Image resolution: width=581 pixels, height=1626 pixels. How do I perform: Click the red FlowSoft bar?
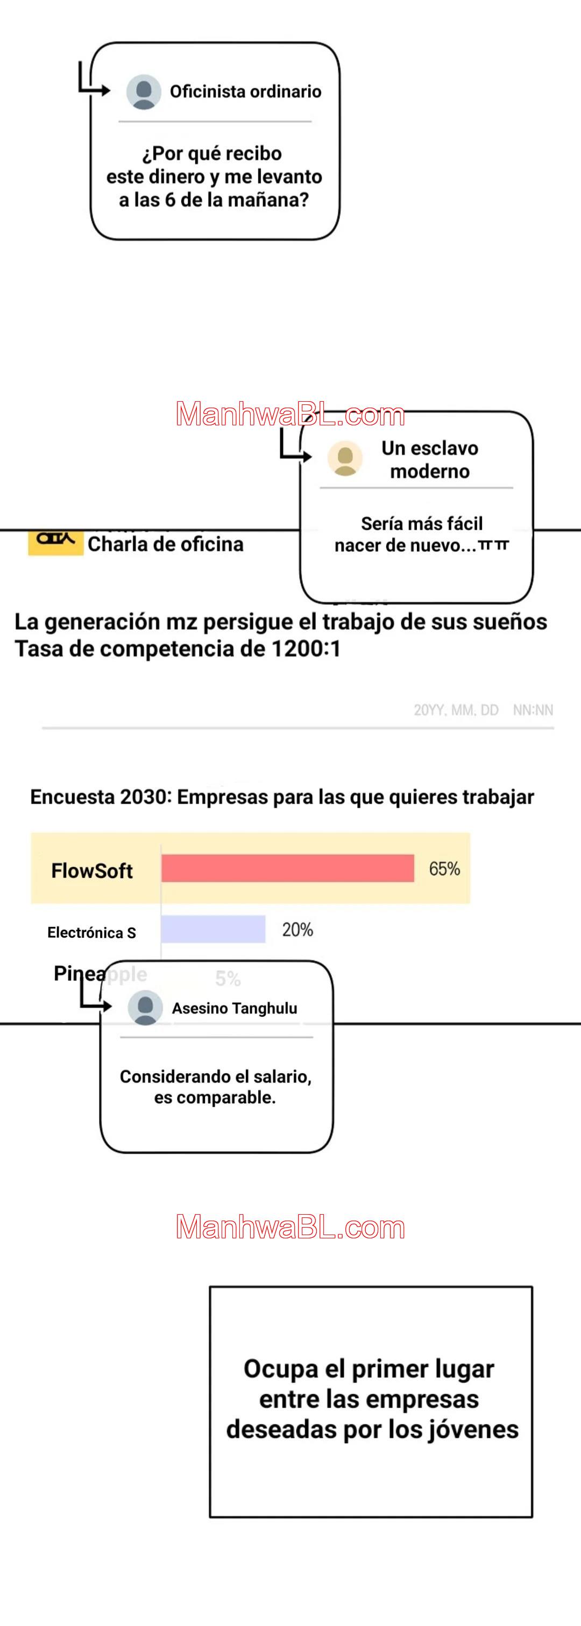pyautogui.click(x=287, y=868)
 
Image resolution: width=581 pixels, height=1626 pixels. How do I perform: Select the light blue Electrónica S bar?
pyautogui.click(x=213, y=929)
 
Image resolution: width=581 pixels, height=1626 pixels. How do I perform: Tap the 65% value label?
pyautogui.click(x=444, y=869)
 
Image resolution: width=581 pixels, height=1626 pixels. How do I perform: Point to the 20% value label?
pyautogui.click(x=297, y=930)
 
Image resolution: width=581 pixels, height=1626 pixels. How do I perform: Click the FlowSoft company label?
pyautogui.click(x=92, y=871)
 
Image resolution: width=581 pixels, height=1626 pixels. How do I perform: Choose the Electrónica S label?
pyautogui.click(x=91, y=932)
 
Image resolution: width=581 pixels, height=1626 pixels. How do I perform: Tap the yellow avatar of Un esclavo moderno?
pyautogui.click(x=345, y=458)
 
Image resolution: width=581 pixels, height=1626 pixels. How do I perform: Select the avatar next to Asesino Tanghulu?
pyautogui.click(x=145, y=1008)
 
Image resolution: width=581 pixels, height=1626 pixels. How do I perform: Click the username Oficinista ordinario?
pyautogui.click(x=246, y=91)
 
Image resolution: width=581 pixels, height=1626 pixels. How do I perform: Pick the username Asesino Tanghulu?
pyautogui.click(x=235, y=1008)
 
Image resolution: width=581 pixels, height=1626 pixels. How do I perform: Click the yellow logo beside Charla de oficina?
pyautogui.click(x=55, y=541)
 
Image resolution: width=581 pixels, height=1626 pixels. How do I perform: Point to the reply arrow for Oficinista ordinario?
pyautogui.click(x=94, y=81)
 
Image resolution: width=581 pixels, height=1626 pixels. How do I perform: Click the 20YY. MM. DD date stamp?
pyautogui.click(x=456, y=710)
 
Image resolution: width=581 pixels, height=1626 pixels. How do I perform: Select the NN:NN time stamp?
pyautogui.click(x=533, y=710)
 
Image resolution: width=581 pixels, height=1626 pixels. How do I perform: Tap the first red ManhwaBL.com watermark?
pyautogui.click(x=290, y=414)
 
